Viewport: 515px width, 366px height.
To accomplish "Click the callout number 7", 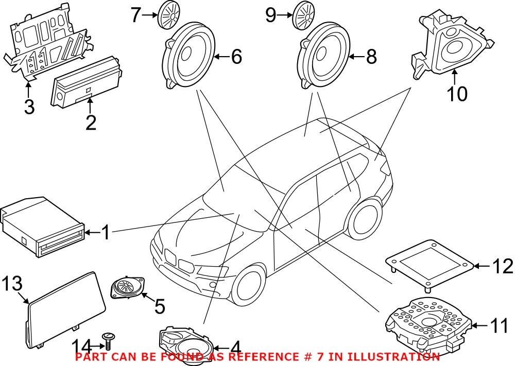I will click(135, 15).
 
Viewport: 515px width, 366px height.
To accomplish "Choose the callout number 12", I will click(502, 267).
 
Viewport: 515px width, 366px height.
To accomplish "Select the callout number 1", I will click(105, 233).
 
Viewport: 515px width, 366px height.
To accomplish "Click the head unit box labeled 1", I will click(41, 227).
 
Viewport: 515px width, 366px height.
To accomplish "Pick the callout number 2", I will click(91, 123).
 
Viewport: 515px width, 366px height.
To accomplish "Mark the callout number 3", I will click(29, 107).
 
